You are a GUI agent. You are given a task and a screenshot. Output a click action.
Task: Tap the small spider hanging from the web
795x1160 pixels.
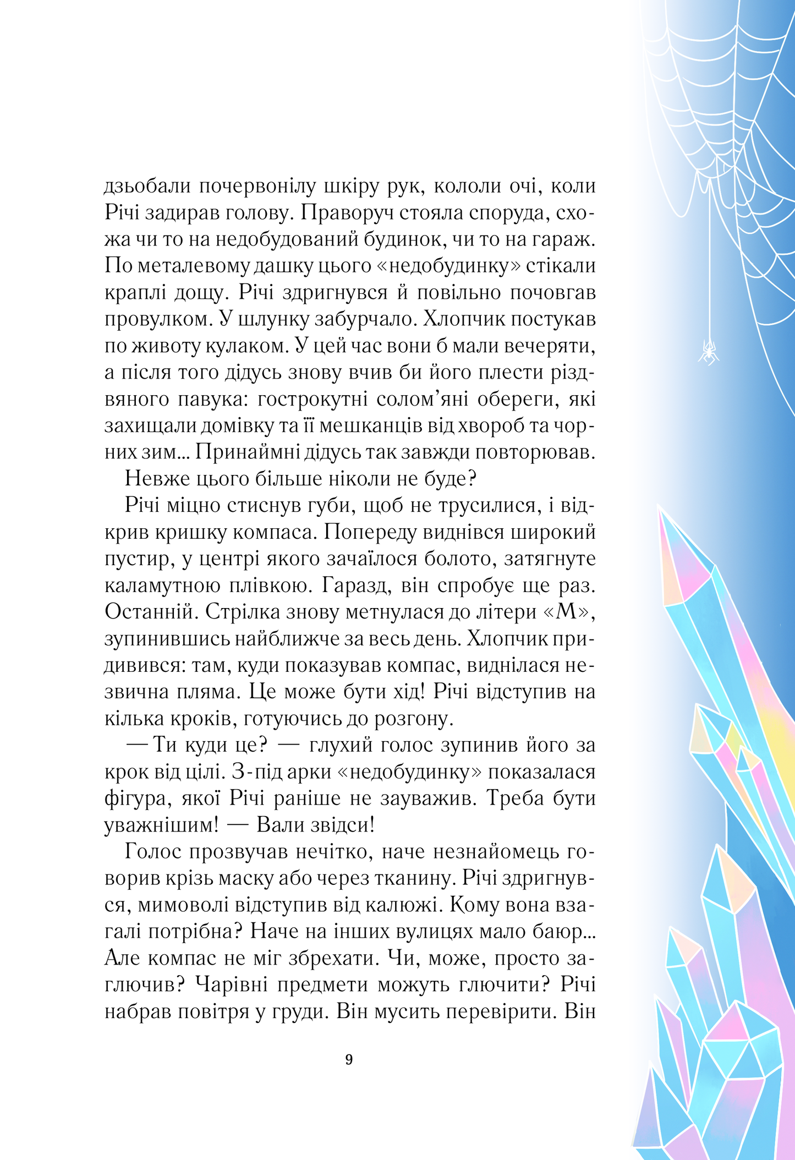click(x=709, y=351)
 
